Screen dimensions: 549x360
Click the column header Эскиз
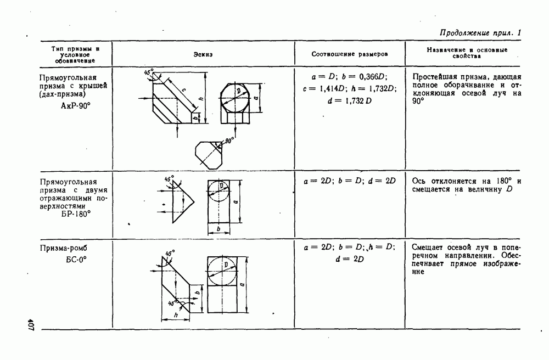click(x=203, y=54)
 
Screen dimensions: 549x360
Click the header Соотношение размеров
click(x=349, y=54)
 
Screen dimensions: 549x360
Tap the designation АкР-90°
click(x=76, y=106)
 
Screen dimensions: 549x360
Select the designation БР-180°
click(x=76, y=214)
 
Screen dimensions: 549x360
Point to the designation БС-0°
click(x=76, y=260)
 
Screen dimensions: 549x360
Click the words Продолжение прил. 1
click(x=480, y=33)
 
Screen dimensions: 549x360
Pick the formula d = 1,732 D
click(x=349, y=101)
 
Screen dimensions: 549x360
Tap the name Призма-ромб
click(x=63, y=248)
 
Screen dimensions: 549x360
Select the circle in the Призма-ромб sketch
click(x=222, y=272)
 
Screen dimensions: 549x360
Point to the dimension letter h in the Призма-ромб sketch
click(x=176, y=315)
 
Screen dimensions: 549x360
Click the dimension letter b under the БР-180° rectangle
click(x=219, y=229)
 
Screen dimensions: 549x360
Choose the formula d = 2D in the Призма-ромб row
click(x=349, y=259)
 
